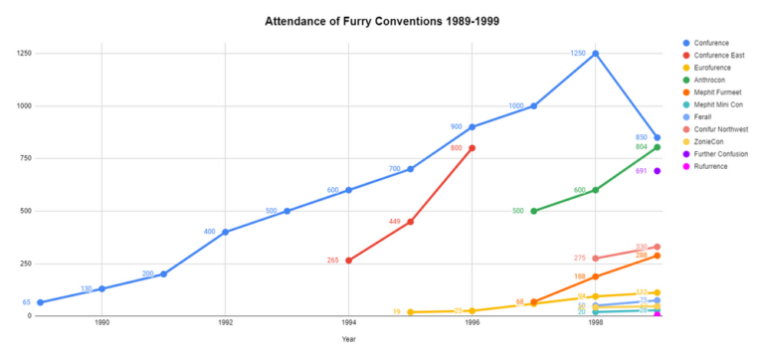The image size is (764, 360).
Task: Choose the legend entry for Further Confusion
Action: [721, 153]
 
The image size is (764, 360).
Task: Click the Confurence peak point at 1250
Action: [595, 54]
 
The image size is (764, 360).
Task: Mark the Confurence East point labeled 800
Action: [472, 148]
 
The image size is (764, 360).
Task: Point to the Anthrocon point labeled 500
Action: [534, 211]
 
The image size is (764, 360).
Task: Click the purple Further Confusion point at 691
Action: [658, 171]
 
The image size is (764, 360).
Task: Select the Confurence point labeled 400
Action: [225, 232]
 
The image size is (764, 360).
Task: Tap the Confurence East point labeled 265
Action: [348, 261]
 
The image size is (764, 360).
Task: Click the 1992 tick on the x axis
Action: [225, 323]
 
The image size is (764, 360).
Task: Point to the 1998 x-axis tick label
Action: [595, 323]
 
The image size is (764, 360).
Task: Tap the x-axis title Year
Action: [348, 339]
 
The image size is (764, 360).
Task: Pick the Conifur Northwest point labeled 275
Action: [595, 259]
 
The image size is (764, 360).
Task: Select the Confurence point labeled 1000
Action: [534, 106]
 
